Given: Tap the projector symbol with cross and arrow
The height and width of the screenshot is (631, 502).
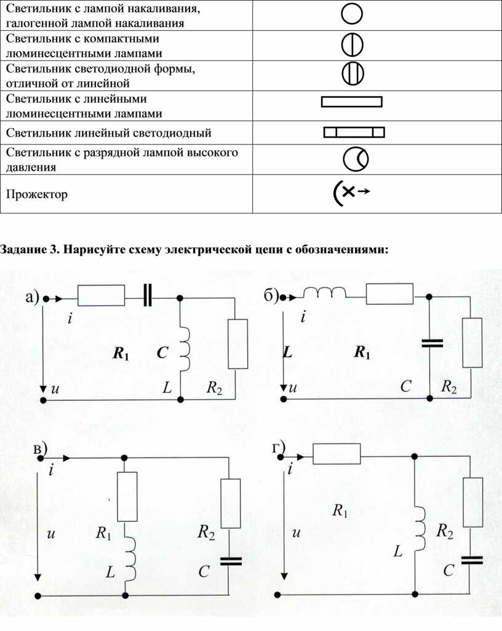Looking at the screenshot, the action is click(x=351, y=192).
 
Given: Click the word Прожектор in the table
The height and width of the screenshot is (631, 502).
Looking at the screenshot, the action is click(x=37, y=194).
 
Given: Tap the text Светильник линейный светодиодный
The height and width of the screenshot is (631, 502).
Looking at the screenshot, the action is click(x=108, y=133).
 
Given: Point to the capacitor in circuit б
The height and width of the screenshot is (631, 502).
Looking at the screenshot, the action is click(x=432, y=343).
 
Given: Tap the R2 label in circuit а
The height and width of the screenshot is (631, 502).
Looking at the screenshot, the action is click(x=214, y=387).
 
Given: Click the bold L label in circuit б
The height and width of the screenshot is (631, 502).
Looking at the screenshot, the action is click(x=287, y=352).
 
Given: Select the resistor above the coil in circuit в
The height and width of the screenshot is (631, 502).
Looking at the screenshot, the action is click(x=127, y=496).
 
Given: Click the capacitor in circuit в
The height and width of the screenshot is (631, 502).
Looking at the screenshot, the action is click(x=231, y=561).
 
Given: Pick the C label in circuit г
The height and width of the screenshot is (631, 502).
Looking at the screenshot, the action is click(x=448, y=570).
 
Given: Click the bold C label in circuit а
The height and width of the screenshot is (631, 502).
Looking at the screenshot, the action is click(x=162, y=352).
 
